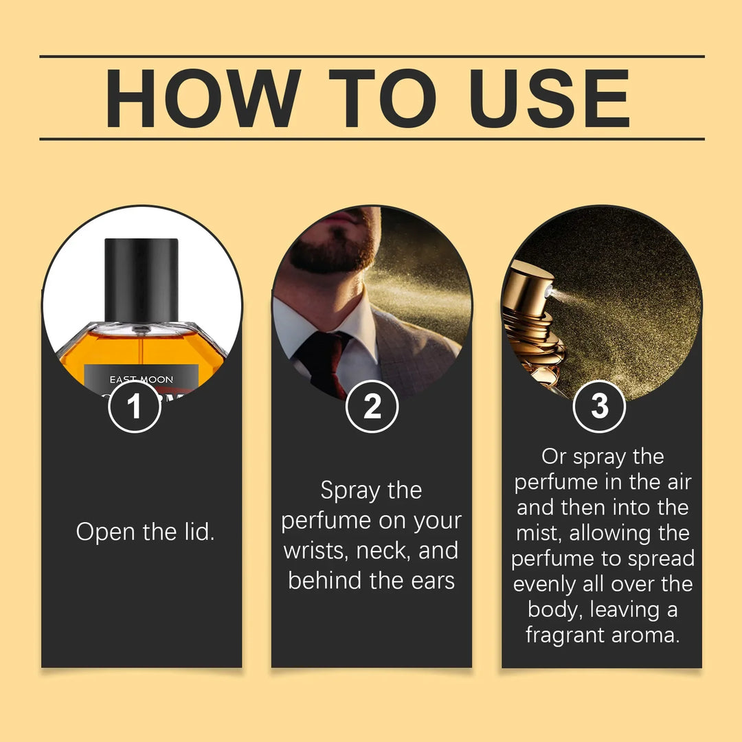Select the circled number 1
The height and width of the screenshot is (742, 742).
135,406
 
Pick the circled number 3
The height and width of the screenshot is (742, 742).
599,406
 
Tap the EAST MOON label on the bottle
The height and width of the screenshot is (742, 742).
141,379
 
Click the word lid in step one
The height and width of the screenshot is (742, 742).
199,532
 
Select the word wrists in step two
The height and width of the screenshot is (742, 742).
315,551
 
